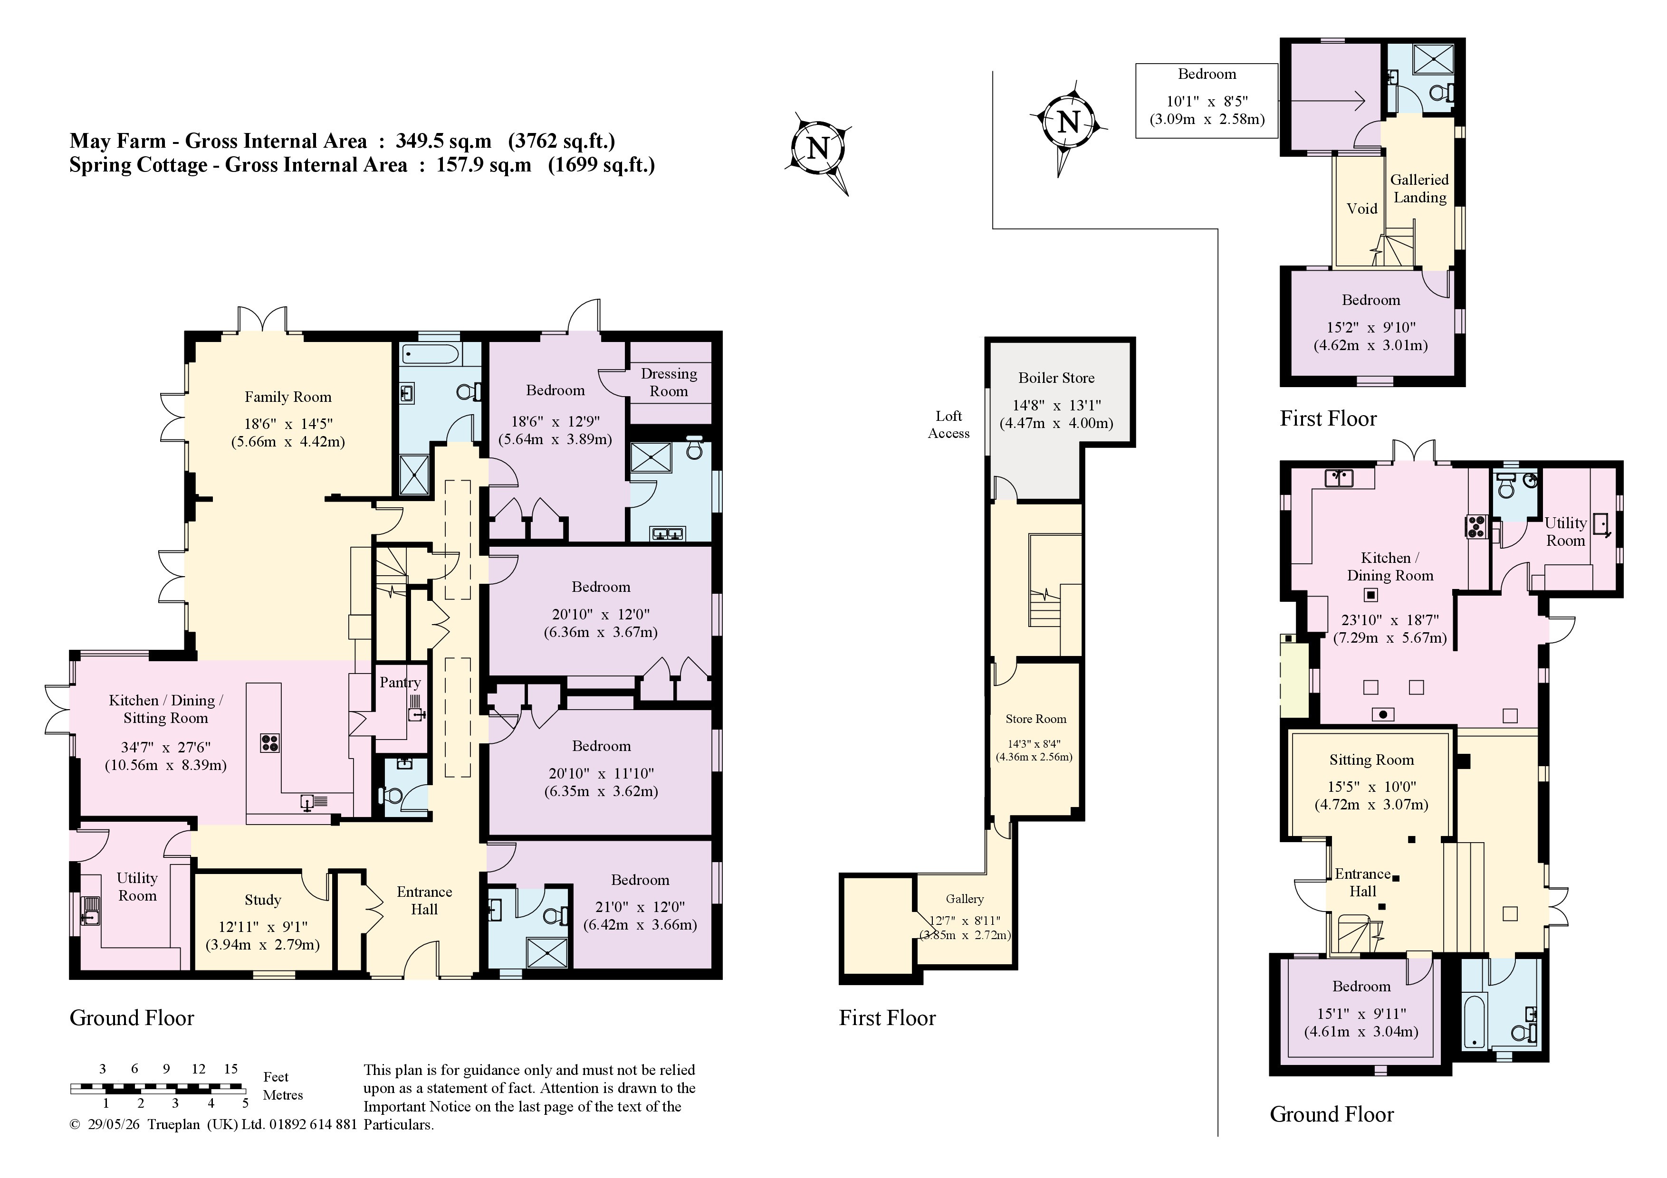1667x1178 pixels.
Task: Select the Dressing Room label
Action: tap(669, 382)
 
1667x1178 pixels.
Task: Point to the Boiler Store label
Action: tap(1056, 378)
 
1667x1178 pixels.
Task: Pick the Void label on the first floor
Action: tap(1361, 209)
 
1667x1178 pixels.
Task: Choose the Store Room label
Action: tap(1035, 719)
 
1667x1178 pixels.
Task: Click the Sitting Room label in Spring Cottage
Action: tap(1371, 760)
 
